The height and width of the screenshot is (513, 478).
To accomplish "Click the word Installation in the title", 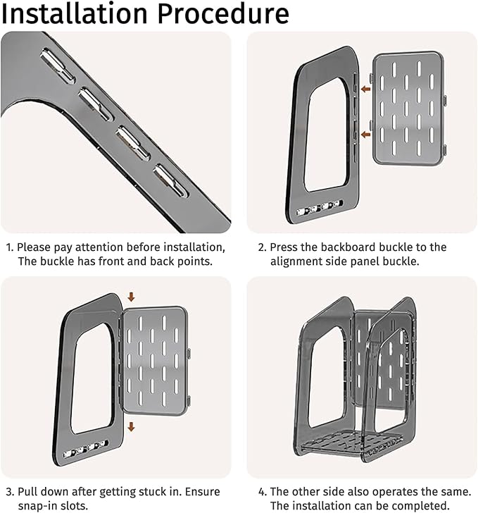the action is point(75,14).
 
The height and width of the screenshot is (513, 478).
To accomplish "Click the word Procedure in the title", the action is point(223,14).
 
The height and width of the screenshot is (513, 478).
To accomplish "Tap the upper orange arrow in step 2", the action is point(365,89).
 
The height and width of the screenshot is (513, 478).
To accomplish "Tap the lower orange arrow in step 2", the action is point(365,135).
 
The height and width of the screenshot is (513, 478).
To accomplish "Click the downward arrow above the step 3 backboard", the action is point(131,297).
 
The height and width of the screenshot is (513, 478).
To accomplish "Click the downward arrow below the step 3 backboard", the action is point(131,426).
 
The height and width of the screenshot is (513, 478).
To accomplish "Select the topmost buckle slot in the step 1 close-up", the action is point(58,65).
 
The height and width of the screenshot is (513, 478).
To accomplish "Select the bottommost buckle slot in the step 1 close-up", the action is point(171,181).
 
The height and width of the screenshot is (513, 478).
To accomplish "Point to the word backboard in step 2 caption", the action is point(348,247).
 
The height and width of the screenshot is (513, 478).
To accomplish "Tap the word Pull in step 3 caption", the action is point(27,492).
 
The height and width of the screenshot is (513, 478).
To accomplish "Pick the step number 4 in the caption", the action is point(261,492).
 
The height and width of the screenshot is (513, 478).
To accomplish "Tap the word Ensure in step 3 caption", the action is point(203,492).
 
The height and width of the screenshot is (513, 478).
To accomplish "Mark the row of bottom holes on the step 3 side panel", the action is point(85,449).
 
